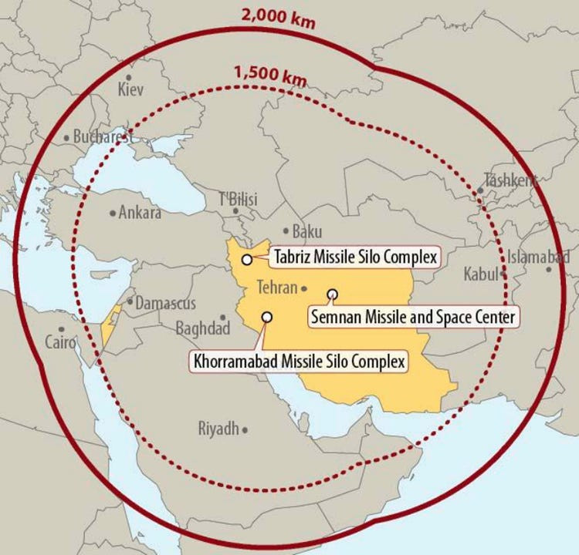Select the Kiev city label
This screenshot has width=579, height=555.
click(x=130, y=90)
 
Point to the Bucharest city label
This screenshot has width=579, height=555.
click(x=100, y=138)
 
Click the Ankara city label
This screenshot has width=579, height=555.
click(x=139, y=212)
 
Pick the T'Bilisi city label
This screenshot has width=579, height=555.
click(x=239, y=199)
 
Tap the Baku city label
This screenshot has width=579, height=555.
click(x=307, y=231)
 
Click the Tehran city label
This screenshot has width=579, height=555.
click(x=277, y=288)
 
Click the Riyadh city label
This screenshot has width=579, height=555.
click(x=218, y=429)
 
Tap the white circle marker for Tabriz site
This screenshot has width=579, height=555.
click(x=247, y=260)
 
